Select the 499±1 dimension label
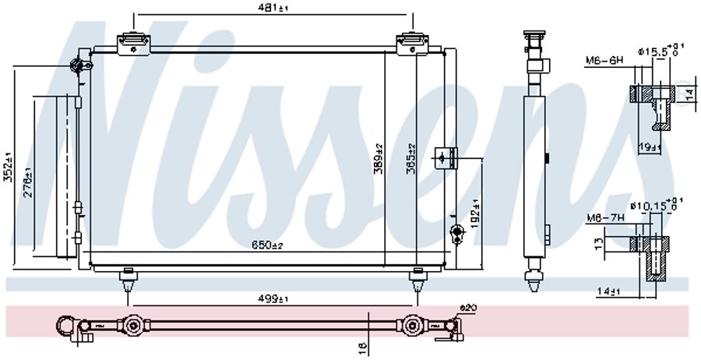(273, 298)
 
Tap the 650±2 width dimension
(266, 245)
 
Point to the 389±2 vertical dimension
(378, 159)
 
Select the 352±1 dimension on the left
(8, 166)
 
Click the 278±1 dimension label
(27, 182)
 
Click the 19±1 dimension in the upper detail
(649, 146)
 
